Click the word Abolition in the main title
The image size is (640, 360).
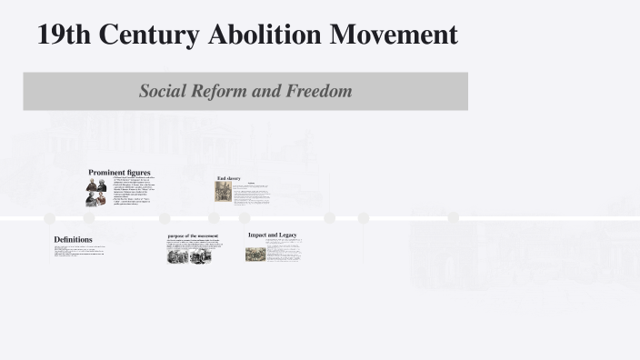264,35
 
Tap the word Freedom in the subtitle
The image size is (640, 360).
317,91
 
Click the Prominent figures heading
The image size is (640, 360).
119,172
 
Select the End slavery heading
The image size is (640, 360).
228,178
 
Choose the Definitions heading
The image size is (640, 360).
73,240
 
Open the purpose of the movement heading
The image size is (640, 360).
192,236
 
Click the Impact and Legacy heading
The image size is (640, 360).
272,235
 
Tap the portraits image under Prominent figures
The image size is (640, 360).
96,192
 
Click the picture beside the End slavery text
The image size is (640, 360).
223,192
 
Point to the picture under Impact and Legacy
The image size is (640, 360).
255,254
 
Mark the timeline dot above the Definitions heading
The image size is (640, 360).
50,218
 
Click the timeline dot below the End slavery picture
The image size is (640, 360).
215,218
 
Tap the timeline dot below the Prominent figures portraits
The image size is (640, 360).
89,218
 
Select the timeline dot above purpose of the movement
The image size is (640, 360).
165,218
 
